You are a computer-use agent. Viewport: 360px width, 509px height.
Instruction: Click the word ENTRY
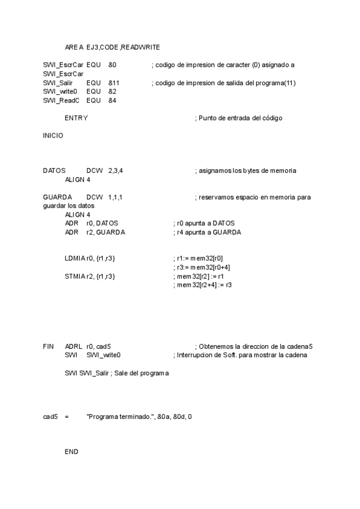coord(76,118)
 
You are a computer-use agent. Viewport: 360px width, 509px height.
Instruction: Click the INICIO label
coord(53,136)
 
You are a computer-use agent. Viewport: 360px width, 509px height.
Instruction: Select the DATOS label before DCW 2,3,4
coord(54,171)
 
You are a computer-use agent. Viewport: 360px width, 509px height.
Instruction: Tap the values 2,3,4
coord(116,171)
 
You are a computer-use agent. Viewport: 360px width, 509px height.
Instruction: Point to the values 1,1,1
coord(116,197)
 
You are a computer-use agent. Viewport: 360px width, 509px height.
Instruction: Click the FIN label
coord(49,347)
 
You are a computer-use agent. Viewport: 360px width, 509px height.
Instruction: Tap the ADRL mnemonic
coord(73,347)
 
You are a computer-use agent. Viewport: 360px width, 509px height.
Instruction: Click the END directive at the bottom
coord(71,451)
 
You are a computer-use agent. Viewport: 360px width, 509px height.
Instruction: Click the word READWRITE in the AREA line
coord(140,47)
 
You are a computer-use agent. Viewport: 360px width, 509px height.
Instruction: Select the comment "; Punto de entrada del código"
coord(238,118)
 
